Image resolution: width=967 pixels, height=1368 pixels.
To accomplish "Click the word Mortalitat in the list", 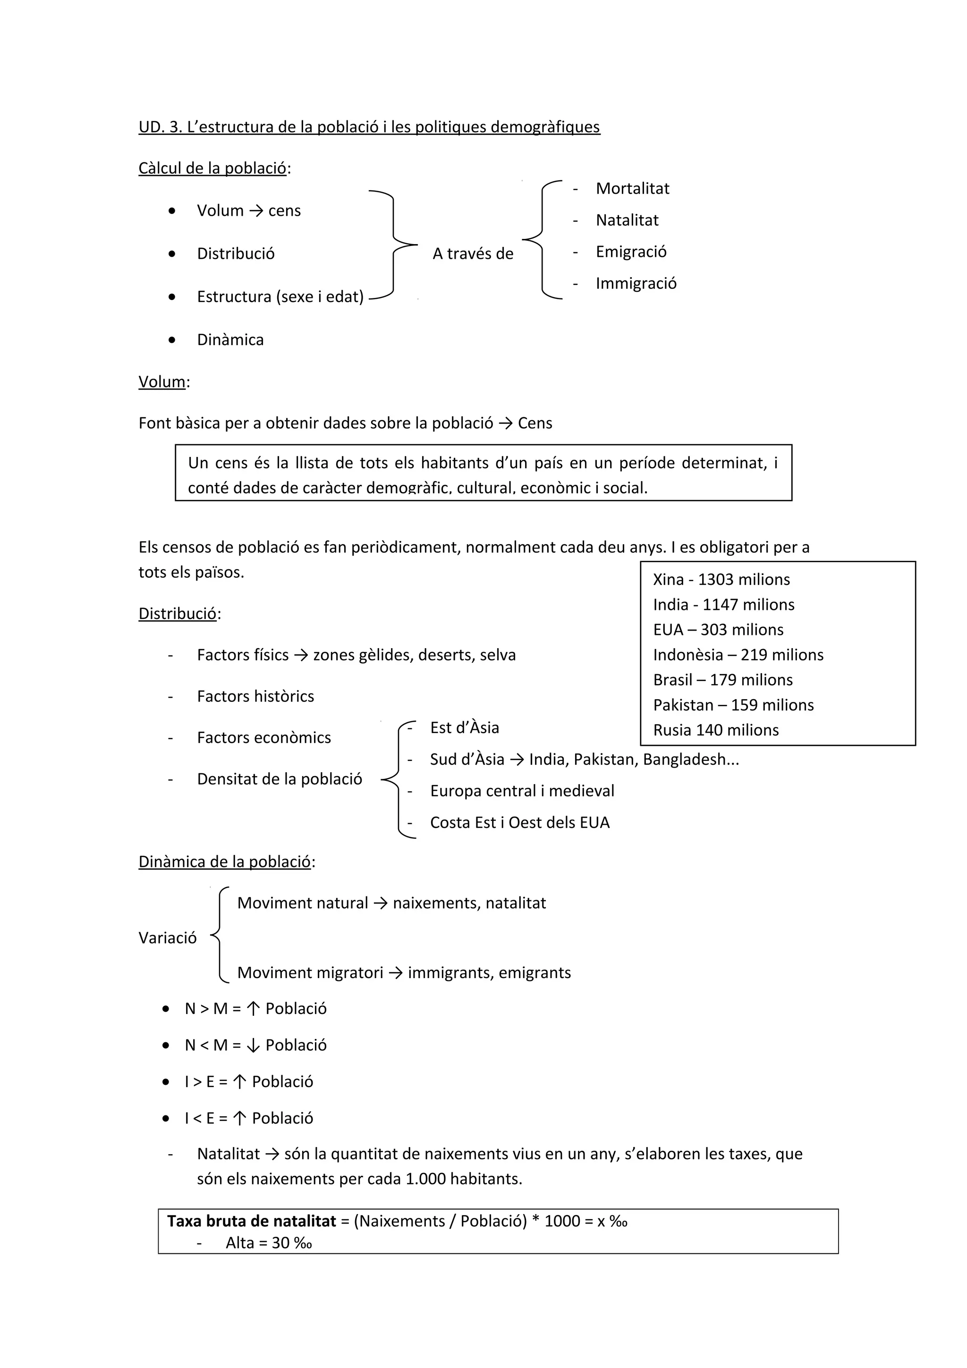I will (x=632, y=189).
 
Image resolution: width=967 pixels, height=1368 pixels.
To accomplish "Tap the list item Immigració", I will (x=636, y=284).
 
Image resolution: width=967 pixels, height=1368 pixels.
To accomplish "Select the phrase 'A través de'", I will (x=473, y=254).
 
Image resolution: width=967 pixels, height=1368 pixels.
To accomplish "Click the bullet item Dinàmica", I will (x=230, y=340).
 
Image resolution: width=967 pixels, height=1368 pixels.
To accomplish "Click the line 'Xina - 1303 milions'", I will (x=721, y=580).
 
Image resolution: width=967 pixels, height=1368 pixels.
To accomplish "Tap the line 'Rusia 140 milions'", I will (x=715, y=730).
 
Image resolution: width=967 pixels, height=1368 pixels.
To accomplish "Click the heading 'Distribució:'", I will (x=178, y=614).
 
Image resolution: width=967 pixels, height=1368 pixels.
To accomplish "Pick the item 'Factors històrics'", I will (x=255, y=697).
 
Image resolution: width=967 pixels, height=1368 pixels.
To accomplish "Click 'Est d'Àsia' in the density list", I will (x=464, y=728).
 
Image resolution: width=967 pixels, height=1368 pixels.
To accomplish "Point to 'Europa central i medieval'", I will (x=521, y=791).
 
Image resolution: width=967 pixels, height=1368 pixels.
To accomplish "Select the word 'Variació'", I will (x=168, y=938).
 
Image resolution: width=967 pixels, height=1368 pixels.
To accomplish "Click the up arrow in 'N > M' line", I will (x=253, y=1009).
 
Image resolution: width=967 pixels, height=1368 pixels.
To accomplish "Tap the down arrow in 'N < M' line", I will (x=253, y=1046).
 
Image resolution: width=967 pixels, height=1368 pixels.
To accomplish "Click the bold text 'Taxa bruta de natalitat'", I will (x=252, y=1222).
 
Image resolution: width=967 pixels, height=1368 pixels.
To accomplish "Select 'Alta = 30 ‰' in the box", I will (x=269, y=1243).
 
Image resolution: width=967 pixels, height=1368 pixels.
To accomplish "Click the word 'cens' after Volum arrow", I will (x=284, y=211).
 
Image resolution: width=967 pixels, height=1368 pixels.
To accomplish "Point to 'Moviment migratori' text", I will (x=310, y=973).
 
